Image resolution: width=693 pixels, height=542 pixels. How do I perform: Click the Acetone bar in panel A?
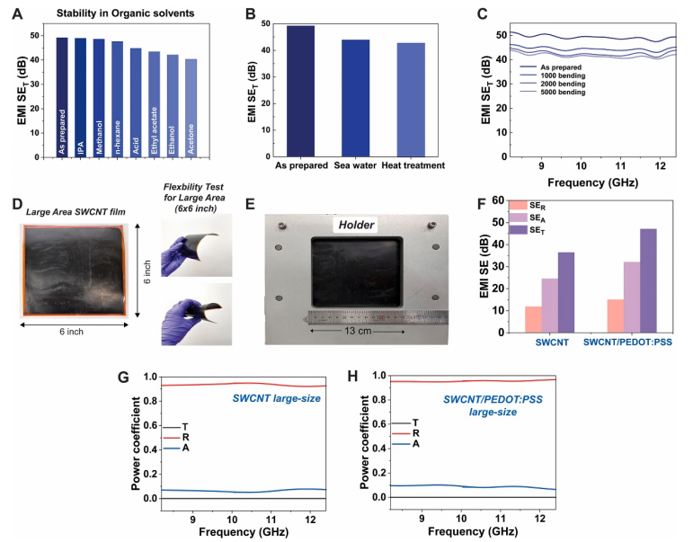pos(191,108)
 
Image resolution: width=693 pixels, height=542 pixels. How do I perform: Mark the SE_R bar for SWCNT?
pos(533,319)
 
